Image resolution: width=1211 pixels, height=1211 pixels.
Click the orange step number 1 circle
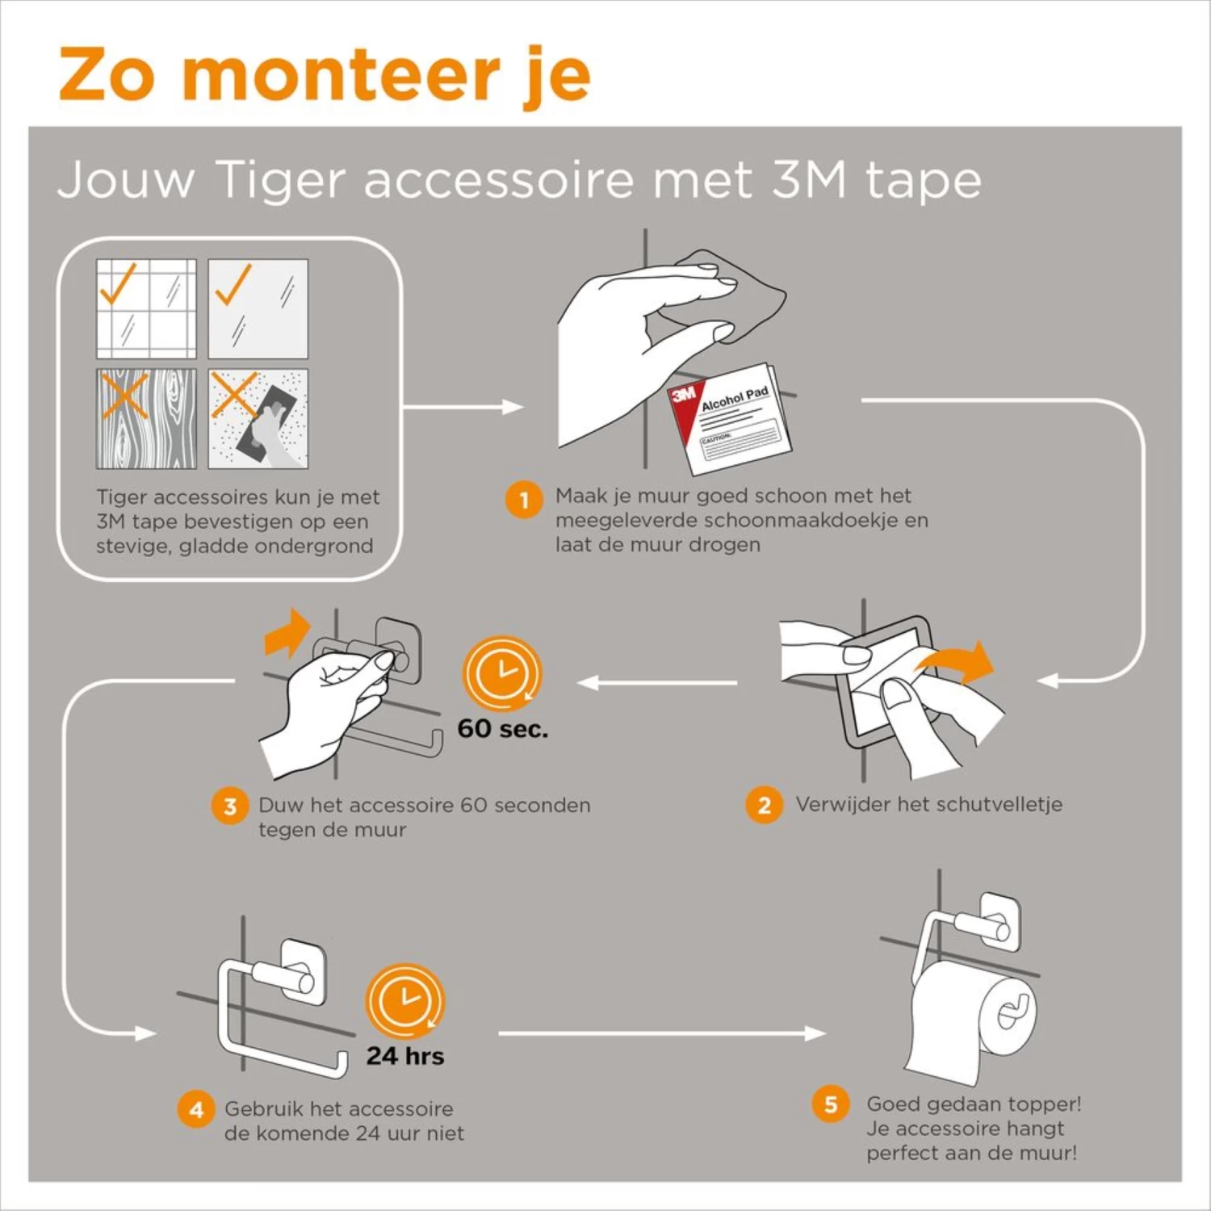click(523, 500)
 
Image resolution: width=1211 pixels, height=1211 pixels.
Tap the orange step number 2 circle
click(764, 805)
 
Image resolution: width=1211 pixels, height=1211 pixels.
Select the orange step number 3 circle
click(229, 806)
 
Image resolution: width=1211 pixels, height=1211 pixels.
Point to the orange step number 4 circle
click(195, 1110)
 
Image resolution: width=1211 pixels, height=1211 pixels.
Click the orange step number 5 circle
click(831, 1104)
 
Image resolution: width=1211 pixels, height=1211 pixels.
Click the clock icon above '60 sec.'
click(501, 673)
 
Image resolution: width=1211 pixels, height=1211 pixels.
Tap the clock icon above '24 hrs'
click(404, 1001)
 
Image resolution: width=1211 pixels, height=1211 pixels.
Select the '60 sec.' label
click(502, 728)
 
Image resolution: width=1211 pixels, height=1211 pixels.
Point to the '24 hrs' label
click(404, 1056)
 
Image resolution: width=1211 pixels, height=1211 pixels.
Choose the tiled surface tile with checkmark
click(146, 308)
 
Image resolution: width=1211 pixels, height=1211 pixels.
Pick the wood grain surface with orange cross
click(146, 418)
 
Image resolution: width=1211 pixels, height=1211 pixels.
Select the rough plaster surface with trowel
click(258, 418)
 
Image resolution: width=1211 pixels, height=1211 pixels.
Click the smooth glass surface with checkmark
click(258, 308)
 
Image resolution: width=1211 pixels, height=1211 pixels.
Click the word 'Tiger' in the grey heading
click(280, 179)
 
